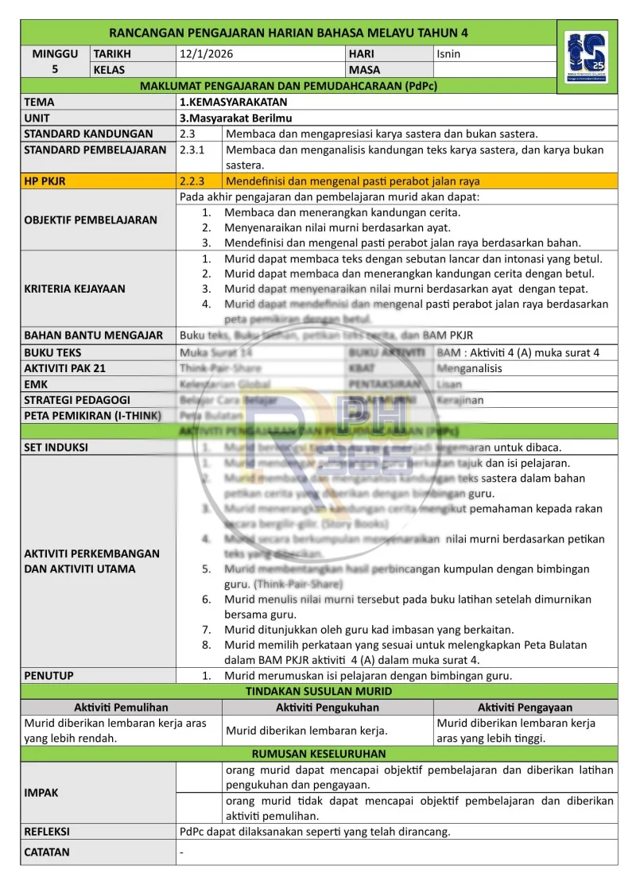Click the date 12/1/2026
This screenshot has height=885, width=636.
coord(207,54)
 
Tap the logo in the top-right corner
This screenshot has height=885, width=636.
coord(587,57)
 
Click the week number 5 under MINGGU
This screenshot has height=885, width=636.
coord(55,69)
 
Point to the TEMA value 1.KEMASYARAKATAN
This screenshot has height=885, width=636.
coord(234,102)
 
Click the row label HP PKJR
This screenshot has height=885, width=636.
coord(45,181)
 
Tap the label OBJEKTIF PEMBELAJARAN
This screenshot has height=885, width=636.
coord(91,219)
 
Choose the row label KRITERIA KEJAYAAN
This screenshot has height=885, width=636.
coord(75,289)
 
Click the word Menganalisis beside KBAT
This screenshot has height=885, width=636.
coord(470,368)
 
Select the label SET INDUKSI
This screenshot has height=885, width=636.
coord(56,447)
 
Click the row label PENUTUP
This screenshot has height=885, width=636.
coord(48,676)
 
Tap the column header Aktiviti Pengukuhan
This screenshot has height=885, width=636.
coord(328,707)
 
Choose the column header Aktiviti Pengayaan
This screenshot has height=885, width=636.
coord(525,707)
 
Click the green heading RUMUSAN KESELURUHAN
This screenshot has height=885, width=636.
coord(319,753)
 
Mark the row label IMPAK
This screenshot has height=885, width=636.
coord(41,792)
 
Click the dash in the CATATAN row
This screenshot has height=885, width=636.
coord(182,852)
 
